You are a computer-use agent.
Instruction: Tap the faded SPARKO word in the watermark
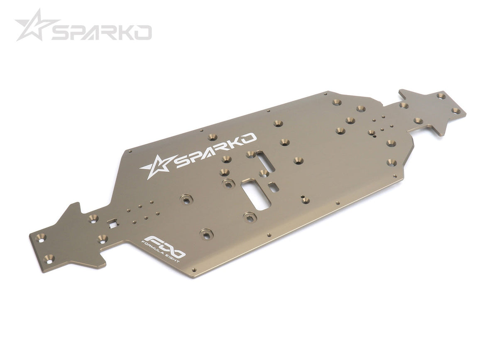coord(102,32)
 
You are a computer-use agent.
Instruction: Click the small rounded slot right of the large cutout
coord(274,187)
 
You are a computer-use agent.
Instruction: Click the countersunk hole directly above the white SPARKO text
coord(213,137)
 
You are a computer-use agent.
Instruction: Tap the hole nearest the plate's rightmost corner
coord(456,111)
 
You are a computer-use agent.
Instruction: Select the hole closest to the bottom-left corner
coord(49,258)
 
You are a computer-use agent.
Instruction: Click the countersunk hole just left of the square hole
coord(93,218)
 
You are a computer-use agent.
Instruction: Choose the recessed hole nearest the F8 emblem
coord(206,234)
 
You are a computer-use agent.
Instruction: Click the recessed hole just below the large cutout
coord(250,216)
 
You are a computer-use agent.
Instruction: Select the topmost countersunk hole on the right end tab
coord(441,96)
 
